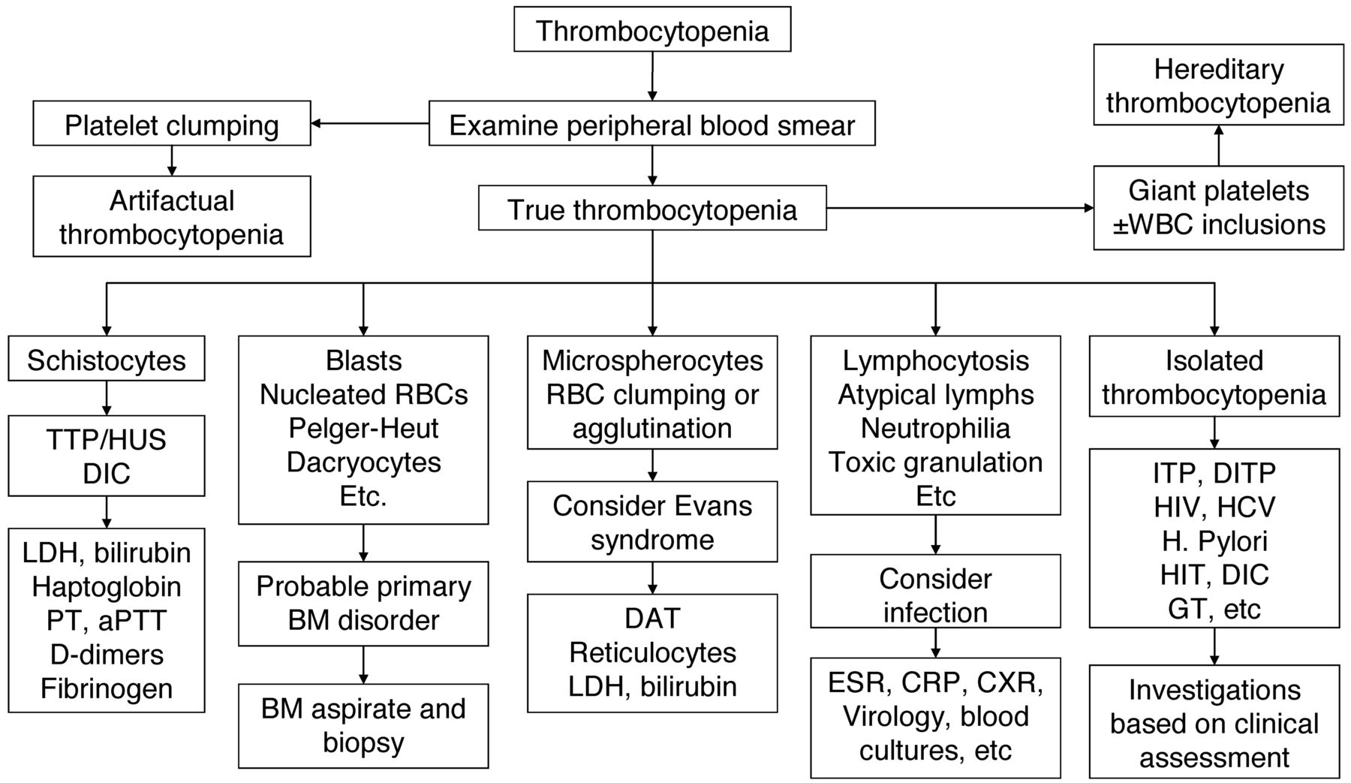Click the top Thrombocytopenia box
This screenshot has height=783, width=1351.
point(651,29)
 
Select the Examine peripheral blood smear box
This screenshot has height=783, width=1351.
point(651,123)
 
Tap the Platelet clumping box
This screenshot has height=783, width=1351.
point(172,123)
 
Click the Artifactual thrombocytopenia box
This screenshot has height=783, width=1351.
point(172,216)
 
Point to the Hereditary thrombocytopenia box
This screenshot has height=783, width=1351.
point(1218,84)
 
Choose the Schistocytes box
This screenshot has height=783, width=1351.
point(107,358)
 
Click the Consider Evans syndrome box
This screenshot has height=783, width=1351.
point(652,522)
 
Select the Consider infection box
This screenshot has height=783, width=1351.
point(935,591)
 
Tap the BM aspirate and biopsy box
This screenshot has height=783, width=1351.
point(363,725)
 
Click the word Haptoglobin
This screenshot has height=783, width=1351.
point(107,586)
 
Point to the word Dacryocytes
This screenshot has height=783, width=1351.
point(363,462)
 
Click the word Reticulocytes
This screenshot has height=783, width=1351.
point(652,652)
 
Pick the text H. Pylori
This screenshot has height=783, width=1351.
point(1214,541)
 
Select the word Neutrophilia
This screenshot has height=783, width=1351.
point(935,428)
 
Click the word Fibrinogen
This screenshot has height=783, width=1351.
point(107,688)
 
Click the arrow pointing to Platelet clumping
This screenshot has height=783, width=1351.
point(370,123)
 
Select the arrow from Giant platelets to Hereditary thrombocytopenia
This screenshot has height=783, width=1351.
point(1218,145)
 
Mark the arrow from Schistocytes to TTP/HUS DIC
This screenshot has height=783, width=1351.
point(107,398)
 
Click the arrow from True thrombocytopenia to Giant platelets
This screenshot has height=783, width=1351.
point(960,209)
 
